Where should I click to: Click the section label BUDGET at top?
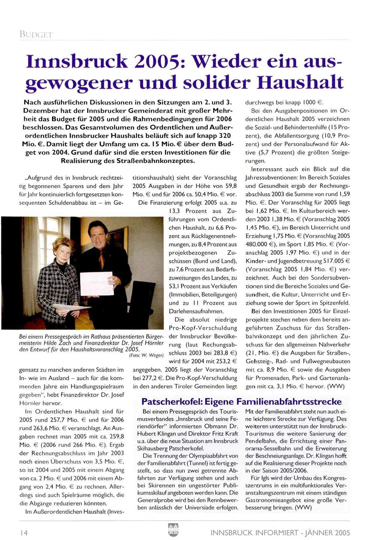(36, 34)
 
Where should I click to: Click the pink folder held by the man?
(97, 283)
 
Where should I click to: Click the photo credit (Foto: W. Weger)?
(146, 355)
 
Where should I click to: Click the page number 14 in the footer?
(23, 533)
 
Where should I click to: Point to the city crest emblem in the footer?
(173, 530)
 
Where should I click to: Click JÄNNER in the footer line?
(319, 533)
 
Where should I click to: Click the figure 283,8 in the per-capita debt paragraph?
(219, 353)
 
